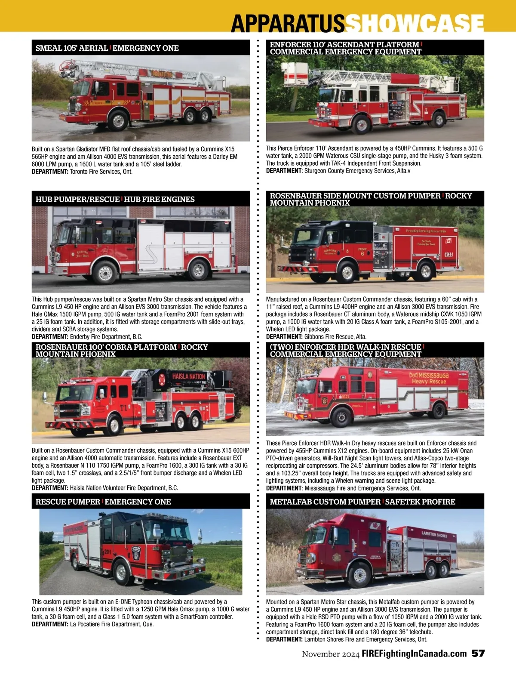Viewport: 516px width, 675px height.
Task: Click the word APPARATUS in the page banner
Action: [x=288, y=23]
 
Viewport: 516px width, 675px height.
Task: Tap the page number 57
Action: [x=478, y=653]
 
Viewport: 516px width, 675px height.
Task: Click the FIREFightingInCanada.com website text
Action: [x=414, y=653]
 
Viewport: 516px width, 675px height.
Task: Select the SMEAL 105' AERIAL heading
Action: [x=72, y=48]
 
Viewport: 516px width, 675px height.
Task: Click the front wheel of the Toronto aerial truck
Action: [x=118, y=120]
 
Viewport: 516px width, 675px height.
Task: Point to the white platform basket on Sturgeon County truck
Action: [x=295, y=73]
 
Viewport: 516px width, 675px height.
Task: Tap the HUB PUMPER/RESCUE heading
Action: [x=77, y=199]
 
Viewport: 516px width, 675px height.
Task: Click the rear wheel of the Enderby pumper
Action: [x=198, y=270]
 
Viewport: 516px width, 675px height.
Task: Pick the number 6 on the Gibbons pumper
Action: [x=362, y=254]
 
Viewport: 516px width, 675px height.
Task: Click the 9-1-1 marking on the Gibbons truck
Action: [x=448, y=254]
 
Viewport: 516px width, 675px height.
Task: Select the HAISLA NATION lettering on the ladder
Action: [x=188, y=376]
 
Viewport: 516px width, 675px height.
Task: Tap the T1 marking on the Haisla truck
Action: [x=123, y=408]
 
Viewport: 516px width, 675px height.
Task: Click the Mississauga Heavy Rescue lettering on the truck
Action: [x=429, y=378]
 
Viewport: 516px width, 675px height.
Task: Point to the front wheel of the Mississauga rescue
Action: [x=341, y=417]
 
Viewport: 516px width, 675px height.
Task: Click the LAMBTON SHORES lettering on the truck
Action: [x=434, y=534]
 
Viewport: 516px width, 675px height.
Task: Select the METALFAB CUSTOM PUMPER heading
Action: [x=325, y=502]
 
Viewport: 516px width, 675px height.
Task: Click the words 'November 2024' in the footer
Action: [x=330, y=654]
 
